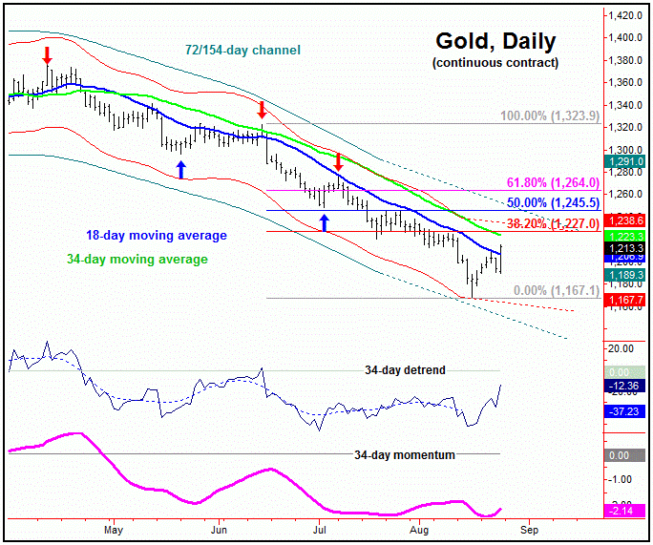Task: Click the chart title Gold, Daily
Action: click(495, 41)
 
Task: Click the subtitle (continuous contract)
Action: click(495, 63)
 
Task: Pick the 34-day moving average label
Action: click(137, 259)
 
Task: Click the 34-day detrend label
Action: click(405, 369)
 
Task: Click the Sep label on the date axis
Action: click(531, 528)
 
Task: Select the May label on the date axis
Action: click(115, 528)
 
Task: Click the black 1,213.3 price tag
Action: click(627, 247)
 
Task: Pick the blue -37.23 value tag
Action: click(627, 411)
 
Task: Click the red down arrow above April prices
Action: click(48, 55)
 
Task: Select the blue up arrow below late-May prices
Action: click(180, 169)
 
